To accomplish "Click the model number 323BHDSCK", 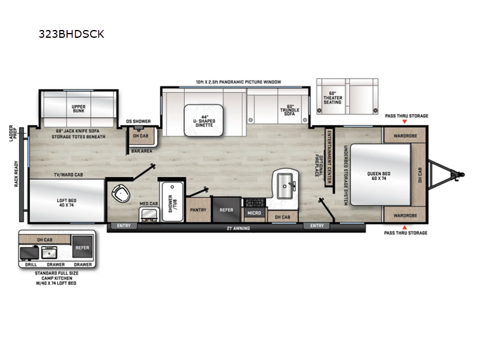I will pos(71,34).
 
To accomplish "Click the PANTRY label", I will pos(198,210).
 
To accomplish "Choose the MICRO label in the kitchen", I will pos(253,212).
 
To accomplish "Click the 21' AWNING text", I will pos(238,228).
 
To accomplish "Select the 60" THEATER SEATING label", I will pos(332,98).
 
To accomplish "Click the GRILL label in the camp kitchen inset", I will pos(29,264).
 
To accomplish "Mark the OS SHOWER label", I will pos(137,120).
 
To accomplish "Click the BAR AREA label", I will pos(142,151).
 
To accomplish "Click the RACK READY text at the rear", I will pos(16,175).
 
